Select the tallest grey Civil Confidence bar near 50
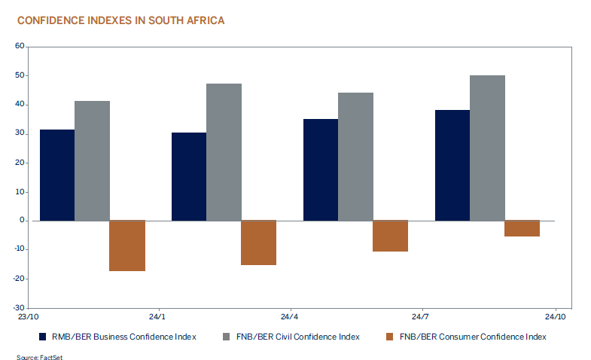pyautogui.click(x=487, y=148)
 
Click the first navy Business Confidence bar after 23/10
pyautogui.click(x=57, y=175)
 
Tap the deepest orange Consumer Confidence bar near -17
pyautogui.click(x=127, y=246)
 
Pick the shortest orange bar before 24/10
pyautogui.click(x=522, y=228)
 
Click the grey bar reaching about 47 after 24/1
pyautogui.click(x=224, y=152)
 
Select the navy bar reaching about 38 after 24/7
pyautogui.click(x=452, y=165)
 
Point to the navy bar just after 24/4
pyautogui.click(x=321, y=169)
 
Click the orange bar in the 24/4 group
pyautogui.click(x=390, y=236)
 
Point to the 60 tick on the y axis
pyautogui.click(x=20, y=47)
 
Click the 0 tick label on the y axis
pyautogui.click(x=23, y=221)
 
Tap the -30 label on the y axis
pyautogui.click(x=19, y=308)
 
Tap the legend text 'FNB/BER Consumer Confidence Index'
pyautogui.click(x=472, y=337)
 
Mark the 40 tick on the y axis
pyautogui.click(x=20, y=105)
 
